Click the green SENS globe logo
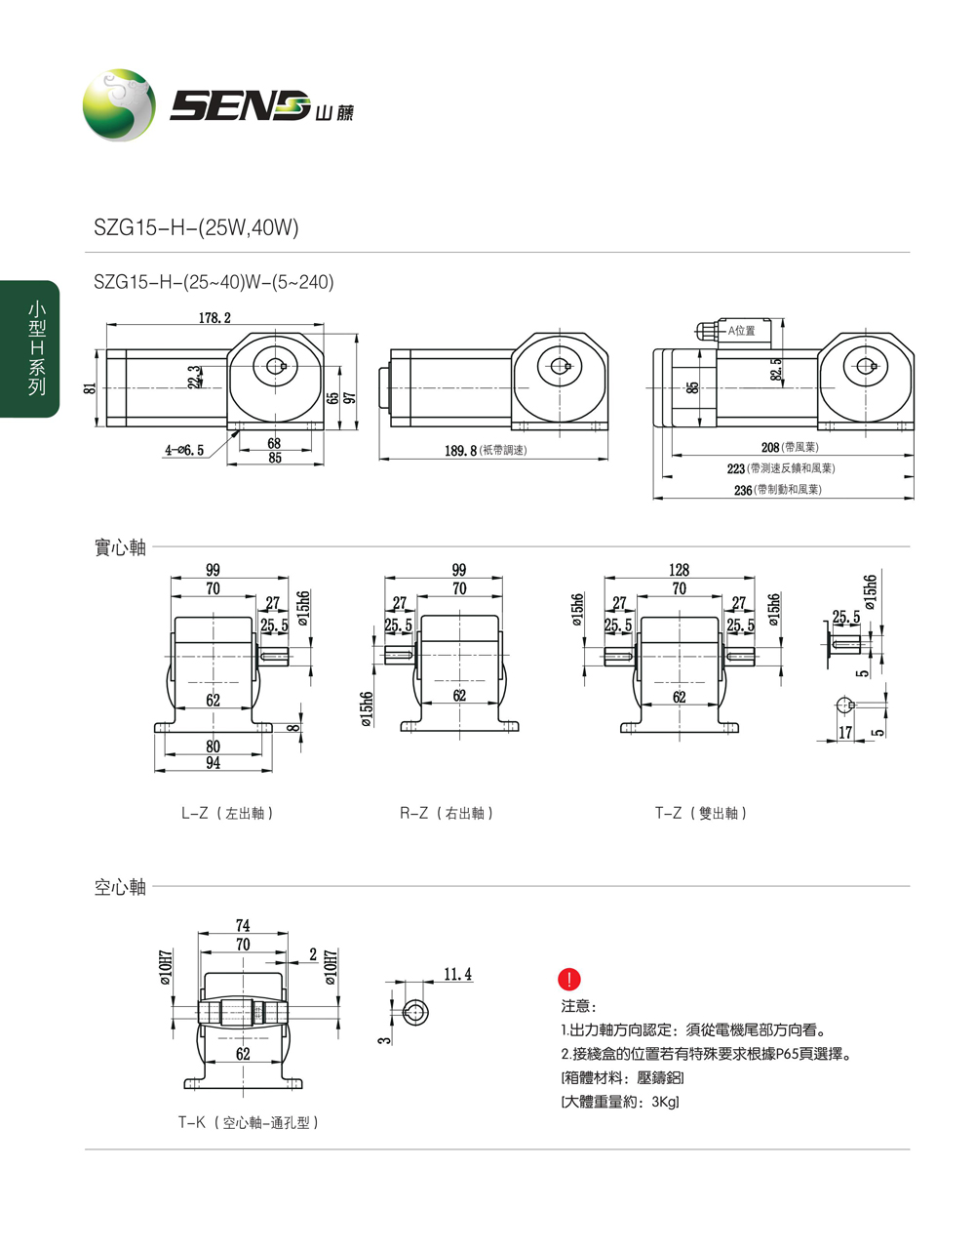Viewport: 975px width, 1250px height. (119, 105)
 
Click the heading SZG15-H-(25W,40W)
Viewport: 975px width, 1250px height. (196, 228)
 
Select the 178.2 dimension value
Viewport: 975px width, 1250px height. (215, 318)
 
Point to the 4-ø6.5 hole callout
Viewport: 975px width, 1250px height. (185, 450)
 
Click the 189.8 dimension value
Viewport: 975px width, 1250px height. (460, 451)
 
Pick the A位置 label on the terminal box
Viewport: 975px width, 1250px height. (742, 331)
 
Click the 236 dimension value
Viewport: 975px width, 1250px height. (743, 490)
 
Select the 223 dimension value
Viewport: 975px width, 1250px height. (736, 468)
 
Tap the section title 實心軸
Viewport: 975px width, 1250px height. (120, 547)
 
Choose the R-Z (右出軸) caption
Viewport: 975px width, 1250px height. (448, 813)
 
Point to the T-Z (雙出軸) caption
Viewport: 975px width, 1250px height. (701, 813)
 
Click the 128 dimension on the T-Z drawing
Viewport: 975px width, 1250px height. (680, 570)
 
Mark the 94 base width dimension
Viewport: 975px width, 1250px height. (213, 763)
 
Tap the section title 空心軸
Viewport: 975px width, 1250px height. (120, 887)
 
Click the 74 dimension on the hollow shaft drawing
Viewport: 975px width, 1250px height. (243, 925)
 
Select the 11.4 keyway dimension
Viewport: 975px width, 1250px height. (457, 974)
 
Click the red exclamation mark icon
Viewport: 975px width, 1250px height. (568, 980)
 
